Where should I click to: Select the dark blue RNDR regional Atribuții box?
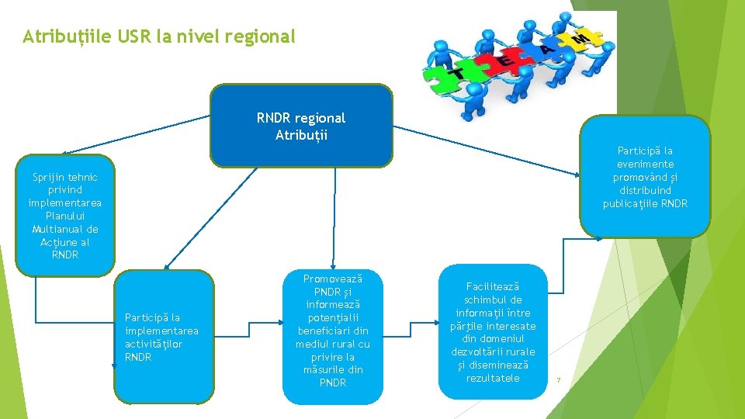[301, 126]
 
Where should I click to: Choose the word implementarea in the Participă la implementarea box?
[161, 331]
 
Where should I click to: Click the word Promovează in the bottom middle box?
[332, 279]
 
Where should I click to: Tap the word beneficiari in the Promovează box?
[332, 331]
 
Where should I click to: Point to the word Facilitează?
[493, 286]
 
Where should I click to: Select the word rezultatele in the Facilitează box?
[493, 378]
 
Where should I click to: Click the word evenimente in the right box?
[645, 164]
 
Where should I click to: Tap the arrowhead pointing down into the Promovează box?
[333, 266]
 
